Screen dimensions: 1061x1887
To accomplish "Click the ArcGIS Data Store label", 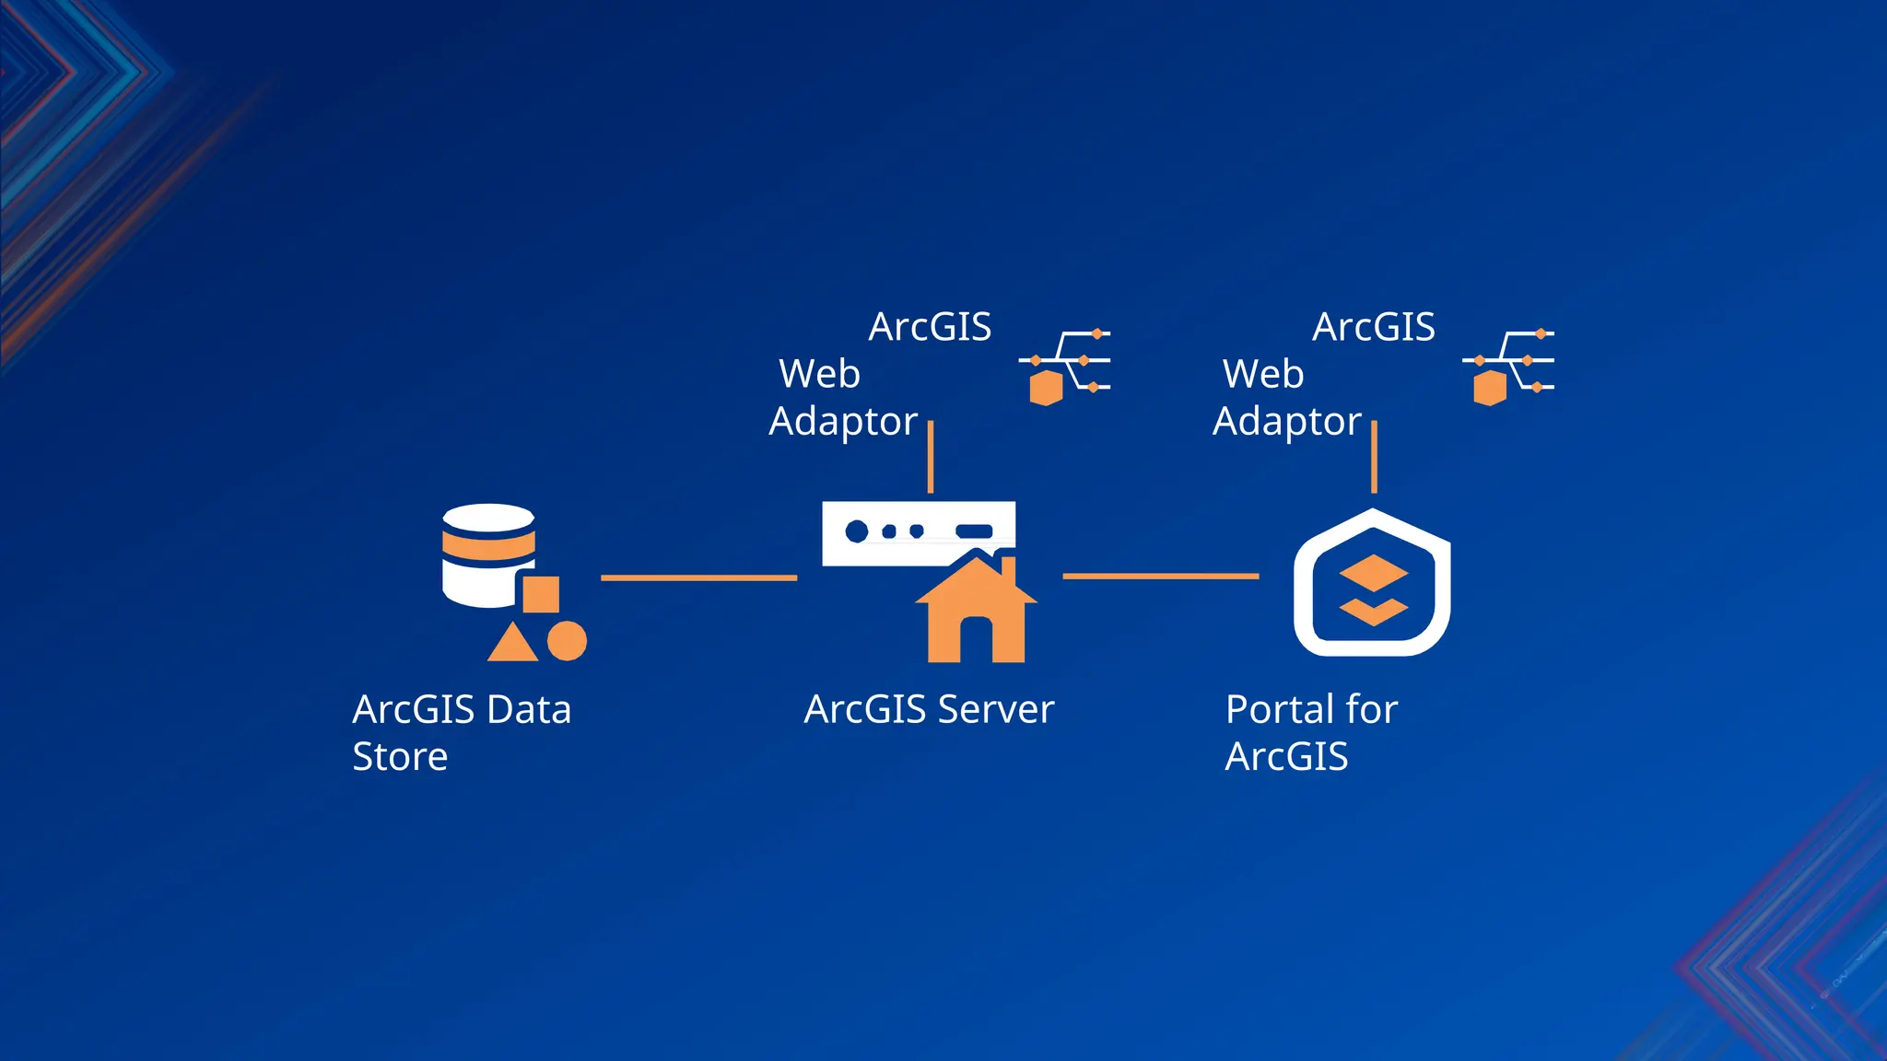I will pyautogui.click(x=461, y=732).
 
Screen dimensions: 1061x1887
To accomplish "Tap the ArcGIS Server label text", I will pyautogui.click(x=929, y=709).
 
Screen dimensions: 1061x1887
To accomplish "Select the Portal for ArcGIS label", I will pyautogui.click(x=1310, y=732).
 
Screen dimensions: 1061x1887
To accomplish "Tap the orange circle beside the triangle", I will pyautogui.click(x=567, y=641).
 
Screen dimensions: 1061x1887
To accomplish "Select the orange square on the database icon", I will pyautogui.click(x=541, y=594).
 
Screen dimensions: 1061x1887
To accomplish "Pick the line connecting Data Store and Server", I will pyautogui.click(x=698, y=577).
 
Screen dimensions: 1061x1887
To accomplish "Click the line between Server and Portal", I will pyautogui.click(x=1160, y=576).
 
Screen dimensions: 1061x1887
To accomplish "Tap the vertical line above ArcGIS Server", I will pyautogui.click(x=931, y=457).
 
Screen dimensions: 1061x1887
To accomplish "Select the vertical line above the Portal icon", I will pyautogui.click(x=1374, y=457).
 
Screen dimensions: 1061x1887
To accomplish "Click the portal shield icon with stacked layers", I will pyautogui.click(x=1372, y=584).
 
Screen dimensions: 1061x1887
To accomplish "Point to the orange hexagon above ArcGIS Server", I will pyautogui.click(x=1046, y=388).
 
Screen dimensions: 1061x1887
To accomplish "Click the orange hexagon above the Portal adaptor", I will pyautogui.click(x=1489, y=388).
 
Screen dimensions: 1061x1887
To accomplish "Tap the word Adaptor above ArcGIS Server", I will pyautogui.click(x=843, y=421).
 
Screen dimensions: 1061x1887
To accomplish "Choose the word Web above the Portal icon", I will pyautogui.click(x=1262, y=374).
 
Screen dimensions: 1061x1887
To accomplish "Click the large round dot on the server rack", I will pyautogui.click(x=857, y=530).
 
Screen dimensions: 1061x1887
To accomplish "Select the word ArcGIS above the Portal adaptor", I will pyautogui.click(x=1373, y=327).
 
